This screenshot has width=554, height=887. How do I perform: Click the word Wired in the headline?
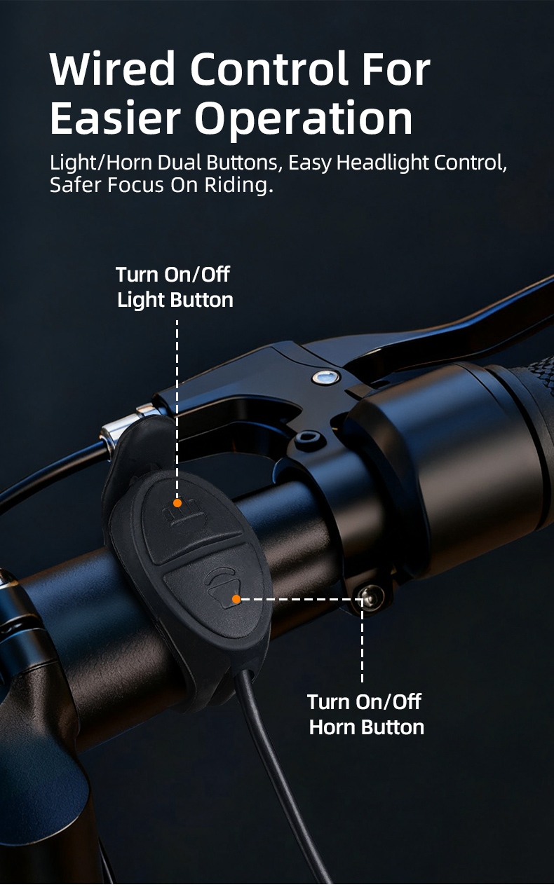tap(112, 68)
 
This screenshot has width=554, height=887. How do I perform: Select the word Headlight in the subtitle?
tap(382, 163)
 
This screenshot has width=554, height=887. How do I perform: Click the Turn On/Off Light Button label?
tap(175, 287)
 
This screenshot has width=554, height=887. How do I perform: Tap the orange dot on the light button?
tap(177, 503)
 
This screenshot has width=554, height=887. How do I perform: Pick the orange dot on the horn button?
tap(236, 599)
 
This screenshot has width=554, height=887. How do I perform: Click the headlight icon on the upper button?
tap(184, 513)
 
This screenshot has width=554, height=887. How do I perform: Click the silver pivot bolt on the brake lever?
tap(326, 377)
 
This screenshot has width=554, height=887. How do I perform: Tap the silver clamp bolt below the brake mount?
tap(371, 597)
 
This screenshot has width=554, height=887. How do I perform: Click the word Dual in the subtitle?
tap(180, 163)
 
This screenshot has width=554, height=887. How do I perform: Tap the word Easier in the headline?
tap(115, 118)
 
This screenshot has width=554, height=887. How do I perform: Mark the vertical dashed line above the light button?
tap(177, 408)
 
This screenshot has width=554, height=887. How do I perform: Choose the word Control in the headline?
tap(270, 68)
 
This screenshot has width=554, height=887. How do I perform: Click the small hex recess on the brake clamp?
tap(307, 438)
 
